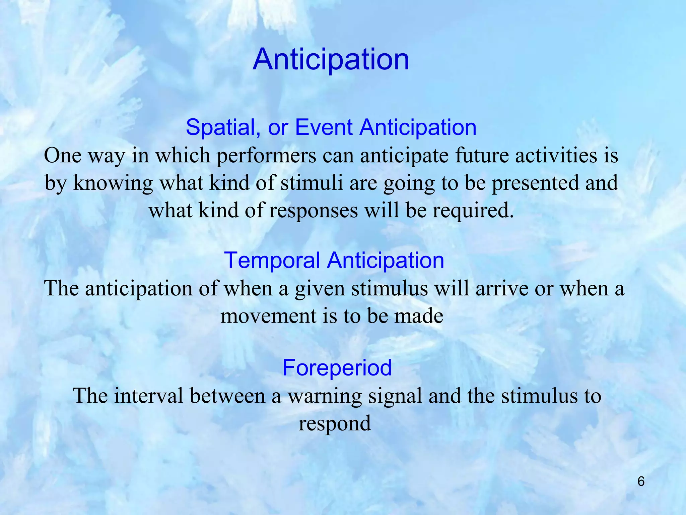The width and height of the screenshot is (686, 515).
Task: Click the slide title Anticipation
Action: pos(331,59)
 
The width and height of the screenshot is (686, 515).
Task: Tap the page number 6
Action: pos(641,481)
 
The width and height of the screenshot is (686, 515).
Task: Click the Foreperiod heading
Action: pos(337,367)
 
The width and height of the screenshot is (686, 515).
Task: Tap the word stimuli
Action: pos(312,183)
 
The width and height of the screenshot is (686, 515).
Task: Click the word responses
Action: pos(313,211)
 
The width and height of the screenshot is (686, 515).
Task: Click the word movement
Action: pos(268,316)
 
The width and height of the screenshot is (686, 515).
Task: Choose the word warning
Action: pos(325,396)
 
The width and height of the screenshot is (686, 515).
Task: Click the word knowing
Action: pos(113,184)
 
